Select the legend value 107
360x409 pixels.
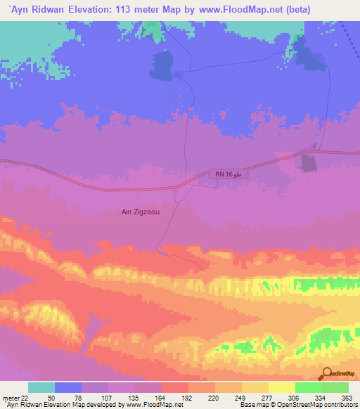pos(108,398)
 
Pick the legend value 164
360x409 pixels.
pos(162,398)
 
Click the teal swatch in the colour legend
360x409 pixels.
pos(41,387)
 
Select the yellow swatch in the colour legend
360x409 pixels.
pos(281,387)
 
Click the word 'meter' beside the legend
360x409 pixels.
pos(9,398)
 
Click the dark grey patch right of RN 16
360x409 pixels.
pos(308,163)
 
